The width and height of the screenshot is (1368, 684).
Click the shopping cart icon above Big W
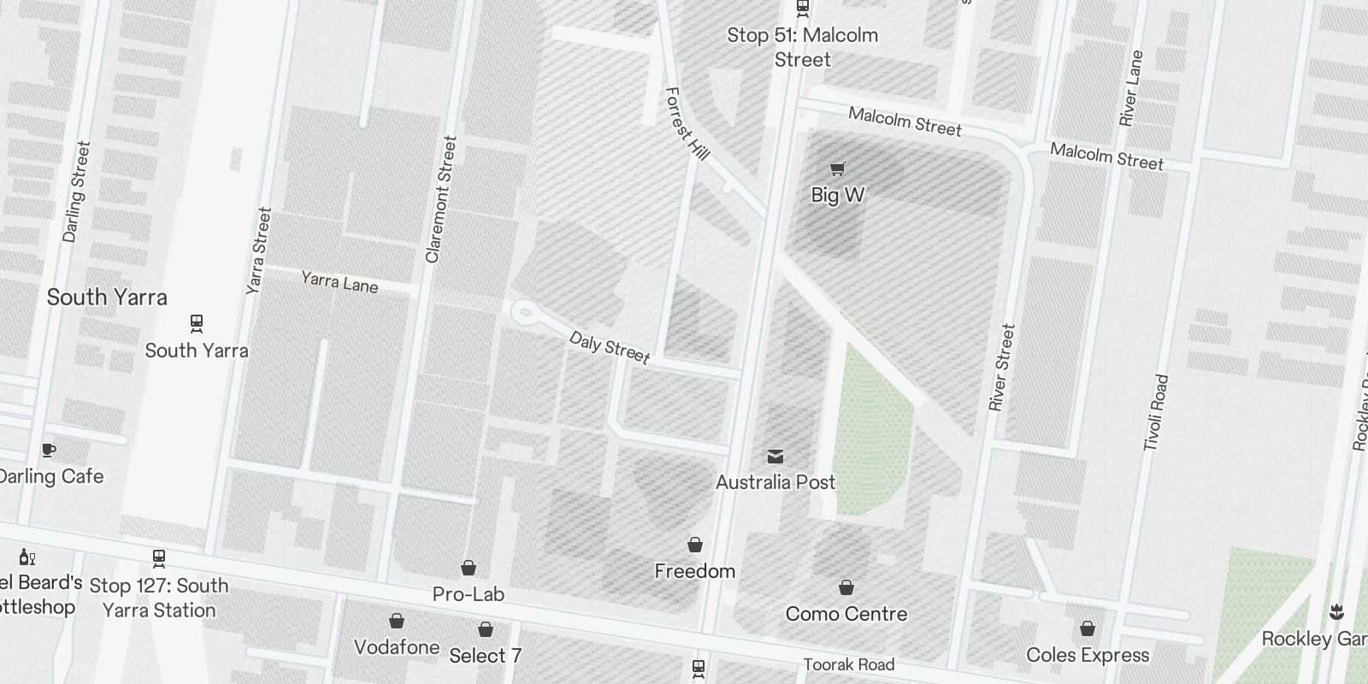pyautogui.click(x=837, y=168)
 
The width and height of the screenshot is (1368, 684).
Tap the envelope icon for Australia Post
pyautogui.click(x=775, y=457)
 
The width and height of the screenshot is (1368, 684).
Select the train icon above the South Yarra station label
pyautogui.click(x=197, y=324)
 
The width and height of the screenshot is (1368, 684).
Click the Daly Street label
pyautogui.click(x=610, y=347)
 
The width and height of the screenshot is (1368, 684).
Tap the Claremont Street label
pyautogui.click(x=441, y=199)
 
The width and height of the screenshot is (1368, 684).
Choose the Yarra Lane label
pyautogui.click(x=339, y=281)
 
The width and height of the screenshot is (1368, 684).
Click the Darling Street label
pyautogui.click(x=76, y=192)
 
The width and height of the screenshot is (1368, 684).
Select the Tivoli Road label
pyautogui.click(x=1155, y=412)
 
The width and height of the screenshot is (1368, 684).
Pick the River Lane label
pyautogui.click(x=1131, y=88)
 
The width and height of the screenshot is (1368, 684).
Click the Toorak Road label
pyautogui.click(x=848, y=664)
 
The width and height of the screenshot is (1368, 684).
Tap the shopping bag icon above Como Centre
pyautogui.click(x=846, y=587)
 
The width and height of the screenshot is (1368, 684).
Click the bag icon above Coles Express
pyautogui.click(x=1087, y=629)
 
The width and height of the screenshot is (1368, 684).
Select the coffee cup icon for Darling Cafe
pyautogui.click(x=49, y=450)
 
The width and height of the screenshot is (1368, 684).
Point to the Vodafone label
pyautogui.click(x=397, y=647)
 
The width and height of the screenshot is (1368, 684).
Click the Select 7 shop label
pyautogui.click(x=485, y=656)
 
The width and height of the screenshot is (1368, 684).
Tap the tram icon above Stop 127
pyautogui.click(x=158, y=559)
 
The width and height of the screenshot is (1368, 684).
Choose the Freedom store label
pyautogui.click(x=694, y=571)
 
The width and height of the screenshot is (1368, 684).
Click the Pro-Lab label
pyautogui.click(x=469, y=594)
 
